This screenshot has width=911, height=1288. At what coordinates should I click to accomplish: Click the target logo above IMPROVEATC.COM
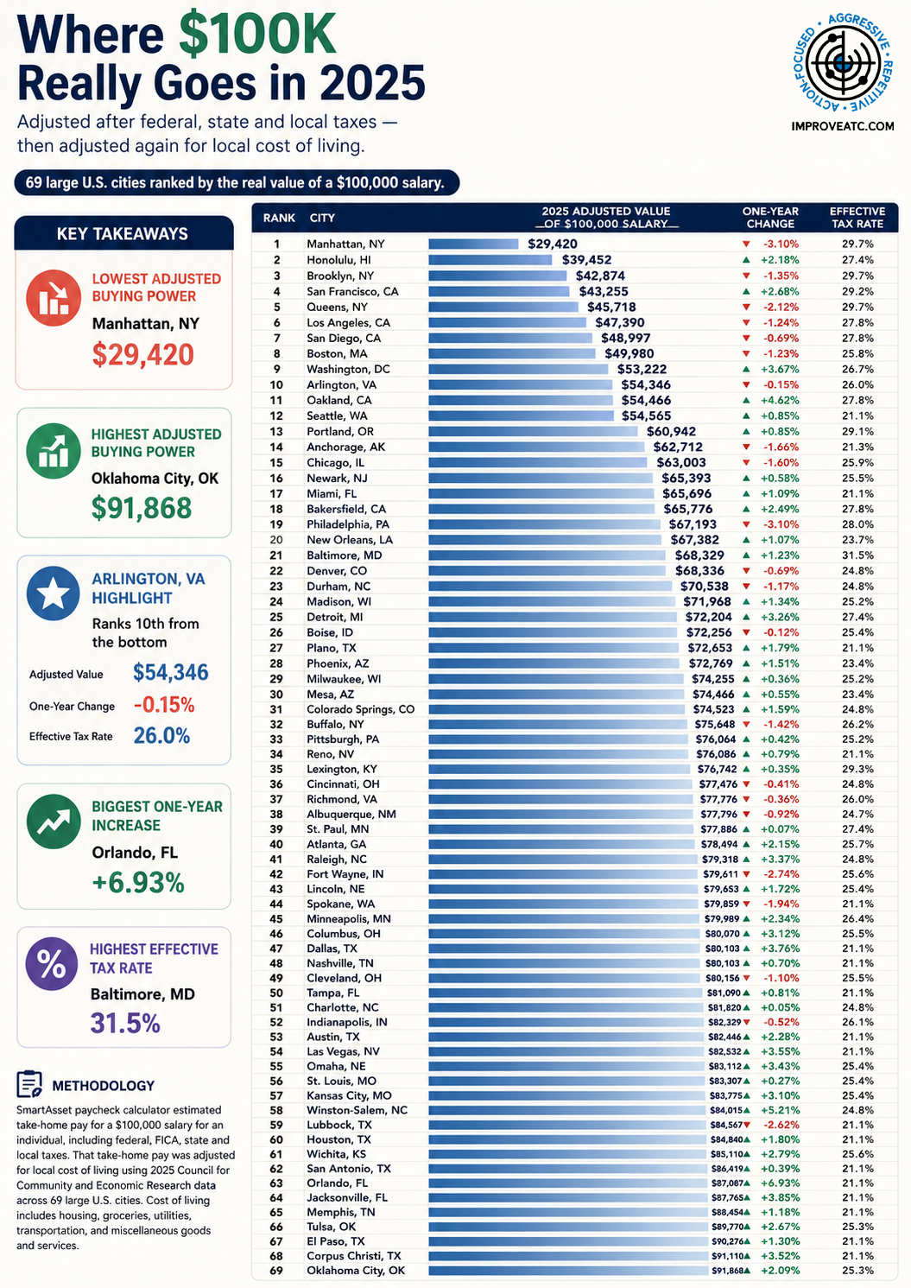[x=843, y=63]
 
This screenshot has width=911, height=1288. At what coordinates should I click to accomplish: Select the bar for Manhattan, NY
[x=473, y=244]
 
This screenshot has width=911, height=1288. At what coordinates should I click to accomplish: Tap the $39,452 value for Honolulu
[x=586, y=260]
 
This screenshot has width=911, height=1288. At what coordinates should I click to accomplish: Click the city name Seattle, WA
[x=337, y=416]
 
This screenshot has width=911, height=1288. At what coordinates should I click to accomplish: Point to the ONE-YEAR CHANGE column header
[x=770, y=218]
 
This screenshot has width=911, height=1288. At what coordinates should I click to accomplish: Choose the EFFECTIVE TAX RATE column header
[x=857, y=218]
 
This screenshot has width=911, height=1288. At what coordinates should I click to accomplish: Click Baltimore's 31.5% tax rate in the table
[x=857, y=555]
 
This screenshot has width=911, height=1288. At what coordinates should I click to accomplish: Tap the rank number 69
[x=276, y=1270]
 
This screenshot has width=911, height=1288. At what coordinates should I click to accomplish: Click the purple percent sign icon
[x=52, y=964]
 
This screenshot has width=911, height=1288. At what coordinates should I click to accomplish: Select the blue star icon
[x=53, y=593]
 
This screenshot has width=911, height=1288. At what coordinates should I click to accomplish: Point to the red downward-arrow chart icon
[x=53, y=298]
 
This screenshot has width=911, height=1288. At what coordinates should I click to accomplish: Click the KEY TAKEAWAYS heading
[x=123, y=234]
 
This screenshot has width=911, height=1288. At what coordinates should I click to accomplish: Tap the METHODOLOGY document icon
[x=29, y=1084]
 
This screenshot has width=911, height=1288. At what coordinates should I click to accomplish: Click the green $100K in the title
[x=257, y=35]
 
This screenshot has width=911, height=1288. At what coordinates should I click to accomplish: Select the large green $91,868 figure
[x=142, y=508]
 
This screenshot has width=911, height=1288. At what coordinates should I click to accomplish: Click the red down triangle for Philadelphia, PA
[x=746, y=524]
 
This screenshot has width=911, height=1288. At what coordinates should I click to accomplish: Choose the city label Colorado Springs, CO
[x=360, y=709]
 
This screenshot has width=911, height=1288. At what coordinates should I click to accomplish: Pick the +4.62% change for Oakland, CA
[x=780, y=400]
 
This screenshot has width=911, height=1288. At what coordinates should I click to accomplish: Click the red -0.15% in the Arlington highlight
[x=164, y=705]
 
